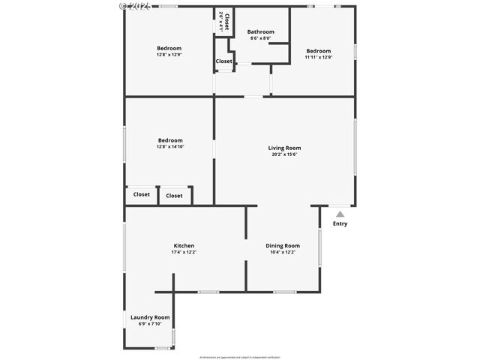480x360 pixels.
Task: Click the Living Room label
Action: (284, 148)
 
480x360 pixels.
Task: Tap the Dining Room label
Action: (283, 245)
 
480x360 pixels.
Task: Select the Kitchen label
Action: (184, 245)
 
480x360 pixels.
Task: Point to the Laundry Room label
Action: (150, 317)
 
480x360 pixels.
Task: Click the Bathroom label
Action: (261, 31)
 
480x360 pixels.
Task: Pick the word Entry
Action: (340, 223)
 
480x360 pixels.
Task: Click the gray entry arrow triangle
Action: (340, 214)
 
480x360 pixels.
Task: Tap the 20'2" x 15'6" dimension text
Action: (284, 154)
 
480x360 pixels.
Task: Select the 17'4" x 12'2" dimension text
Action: (184, 252)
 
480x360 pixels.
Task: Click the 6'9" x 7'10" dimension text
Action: (150, 324)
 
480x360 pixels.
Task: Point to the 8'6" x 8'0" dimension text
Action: (261, 38)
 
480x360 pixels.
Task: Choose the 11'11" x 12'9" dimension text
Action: (318, 57)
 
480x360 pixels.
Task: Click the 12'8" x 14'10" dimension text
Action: (170, 147)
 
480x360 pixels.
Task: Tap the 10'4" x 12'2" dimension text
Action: (283, 252)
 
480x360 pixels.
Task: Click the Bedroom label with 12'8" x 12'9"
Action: (169, 48)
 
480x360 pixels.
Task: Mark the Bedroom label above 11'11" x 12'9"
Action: (318, 51)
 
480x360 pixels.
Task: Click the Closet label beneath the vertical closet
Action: (223, 61)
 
